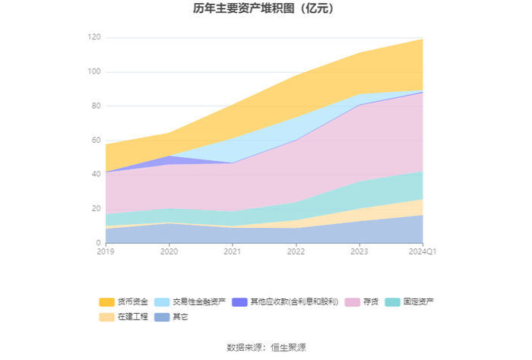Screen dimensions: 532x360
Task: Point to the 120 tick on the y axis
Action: click(x=94, y=37)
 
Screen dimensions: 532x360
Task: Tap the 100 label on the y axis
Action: click(x=94, y=71)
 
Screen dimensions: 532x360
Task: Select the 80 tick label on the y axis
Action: click(x=96, y=106)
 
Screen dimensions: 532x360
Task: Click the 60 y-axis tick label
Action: click(x=96, y=140)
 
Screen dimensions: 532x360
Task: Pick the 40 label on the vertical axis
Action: click(x=96, y=174)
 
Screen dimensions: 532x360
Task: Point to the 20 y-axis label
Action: click(x=96, y=208)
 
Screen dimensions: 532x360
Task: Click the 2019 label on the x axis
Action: click(x=106, y=251)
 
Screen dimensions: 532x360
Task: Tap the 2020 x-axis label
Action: click(x=169, y=251)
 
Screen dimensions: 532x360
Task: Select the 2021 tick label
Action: click(x=233, y=251)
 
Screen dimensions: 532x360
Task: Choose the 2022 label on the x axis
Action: click(x=296, y=251)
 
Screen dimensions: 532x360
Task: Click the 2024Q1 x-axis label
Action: click(x=423, y=251)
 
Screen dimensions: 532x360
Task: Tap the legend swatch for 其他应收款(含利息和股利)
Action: click(x=239, y=302)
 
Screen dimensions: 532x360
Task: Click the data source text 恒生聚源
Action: click(x=288, y=347)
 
